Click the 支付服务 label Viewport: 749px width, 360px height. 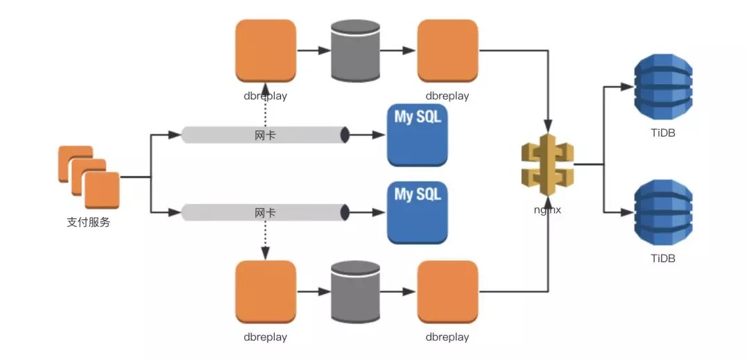pos(88,223)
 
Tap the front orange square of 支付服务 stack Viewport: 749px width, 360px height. pos(102,191)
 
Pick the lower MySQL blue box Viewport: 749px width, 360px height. pos(418,212)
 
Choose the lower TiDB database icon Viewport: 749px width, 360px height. pos(663,213)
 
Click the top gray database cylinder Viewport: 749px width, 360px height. pos(355,51)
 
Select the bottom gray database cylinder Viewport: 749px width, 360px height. pos(355,292)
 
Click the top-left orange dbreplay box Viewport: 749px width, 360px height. pos(266,51)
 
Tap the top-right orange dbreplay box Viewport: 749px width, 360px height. pos(447,51)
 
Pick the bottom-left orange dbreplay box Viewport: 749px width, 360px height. pos(266,292)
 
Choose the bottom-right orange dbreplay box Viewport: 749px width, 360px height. pos(447,292)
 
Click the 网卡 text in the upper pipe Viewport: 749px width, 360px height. pos(265,135)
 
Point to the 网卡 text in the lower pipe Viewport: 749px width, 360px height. pos(265,212)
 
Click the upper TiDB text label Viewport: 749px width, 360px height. pos(663,134)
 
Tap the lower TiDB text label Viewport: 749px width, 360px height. pos(663,259)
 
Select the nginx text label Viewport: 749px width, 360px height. pos(547,209)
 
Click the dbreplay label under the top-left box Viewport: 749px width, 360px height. pos(265,96)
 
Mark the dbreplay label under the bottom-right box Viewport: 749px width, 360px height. pos(447,337)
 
